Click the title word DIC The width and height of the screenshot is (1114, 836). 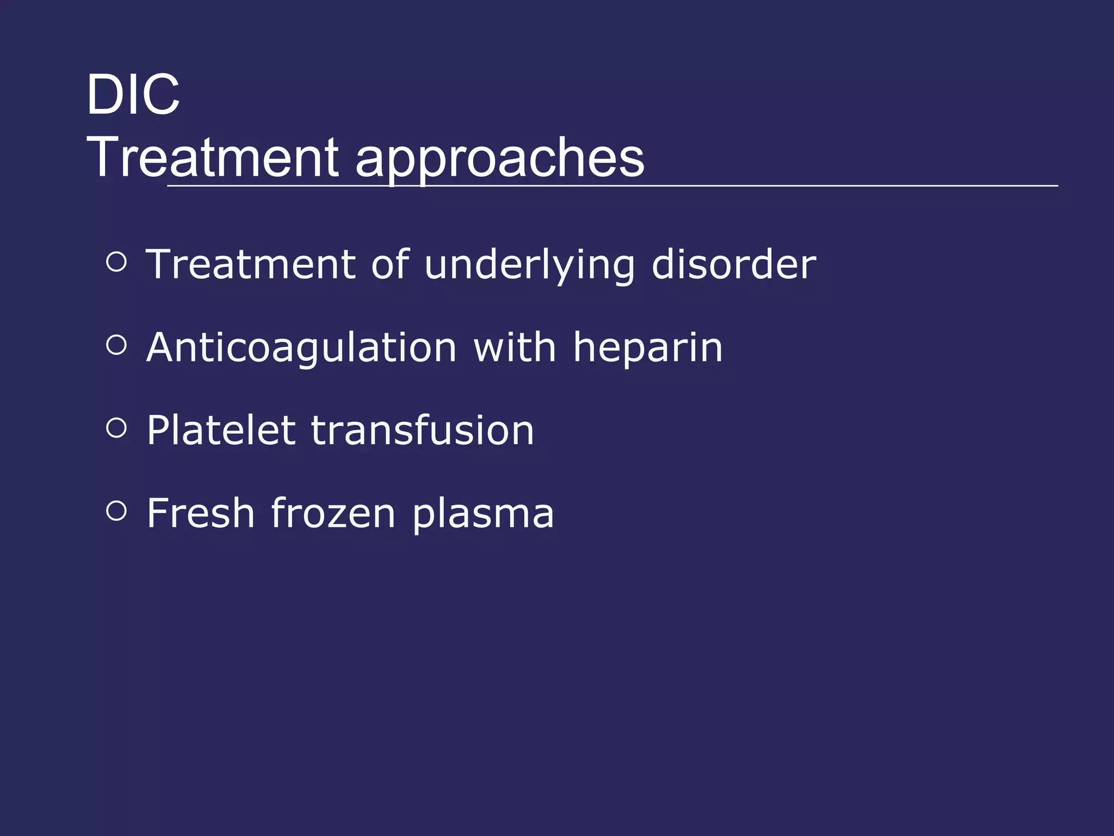[x=133, y=95]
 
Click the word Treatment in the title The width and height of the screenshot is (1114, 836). [x=213, y=158]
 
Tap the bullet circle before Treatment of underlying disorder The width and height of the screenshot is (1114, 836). [x=116, y=262]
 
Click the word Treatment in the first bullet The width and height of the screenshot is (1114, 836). [x=251, y=265]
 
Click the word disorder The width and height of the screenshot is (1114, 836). [x=734, y=265]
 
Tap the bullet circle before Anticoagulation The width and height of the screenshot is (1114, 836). [x=116, y=345]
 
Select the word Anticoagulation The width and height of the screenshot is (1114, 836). [x=301, y=348]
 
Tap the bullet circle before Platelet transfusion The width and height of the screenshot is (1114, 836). [x=116, y=428]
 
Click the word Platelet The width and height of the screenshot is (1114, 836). [x=221, y=431]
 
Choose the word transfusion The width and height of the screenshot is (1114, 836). [x=423, y=431]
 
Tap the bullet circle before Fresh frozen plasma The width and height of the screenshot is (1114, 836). [x=116, y=511]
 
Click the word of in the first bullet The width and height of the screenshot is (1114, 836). [x=389, y=265]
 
